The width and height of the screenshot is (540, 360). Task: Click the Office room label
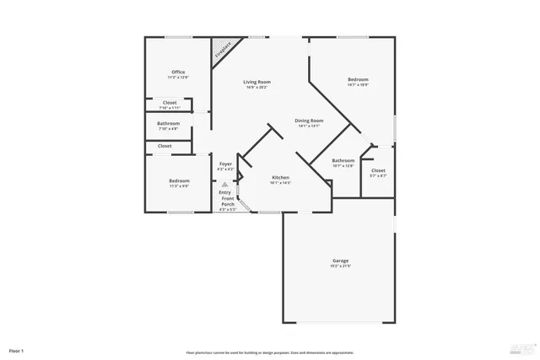(178, 72)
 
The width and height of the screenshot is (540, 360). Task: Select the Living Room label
(256, 82)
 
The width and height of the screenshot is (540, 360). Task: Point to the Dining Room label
(309, 121)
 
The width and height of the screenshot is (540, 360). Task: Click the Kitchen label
(281, 177)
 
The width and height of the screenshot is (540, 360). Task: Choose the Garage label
(341, 261)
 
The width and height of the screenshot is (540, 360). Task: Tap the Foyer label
(225, 164)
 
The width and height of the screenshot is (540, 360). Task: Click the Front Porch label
(227, 202)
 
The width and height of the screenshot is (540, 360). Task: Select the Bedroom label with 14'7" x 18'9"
(358, 80)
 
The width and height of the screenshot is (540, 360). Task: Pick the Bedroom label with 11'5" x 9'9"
(179, 180)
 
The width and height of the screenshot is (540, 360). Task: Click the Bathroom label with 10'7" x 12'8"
(343, 160)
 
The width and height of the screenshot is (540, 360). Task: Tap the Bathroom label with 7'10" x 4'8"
(169, 124)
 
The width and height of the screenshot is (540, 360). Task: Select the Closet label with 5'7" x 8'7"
(378, 170)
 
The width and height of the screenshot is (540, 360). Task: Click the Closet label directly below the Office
(170, 103)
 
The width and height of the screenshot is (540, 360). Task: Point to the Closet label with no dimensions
(165, 146)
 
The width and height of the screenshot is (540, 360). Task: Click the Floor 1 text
(17, 350)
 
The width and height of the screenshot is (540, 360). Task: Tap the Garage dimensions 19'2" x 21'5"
(341, 266)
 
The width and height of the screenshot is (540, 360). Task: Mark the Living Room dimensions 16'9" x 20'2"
(256, 88)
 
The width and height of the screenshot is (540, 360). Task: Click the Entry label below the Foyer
(224, 192)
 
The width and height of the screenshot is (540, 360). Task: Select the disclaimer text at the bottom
(269, 352)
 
